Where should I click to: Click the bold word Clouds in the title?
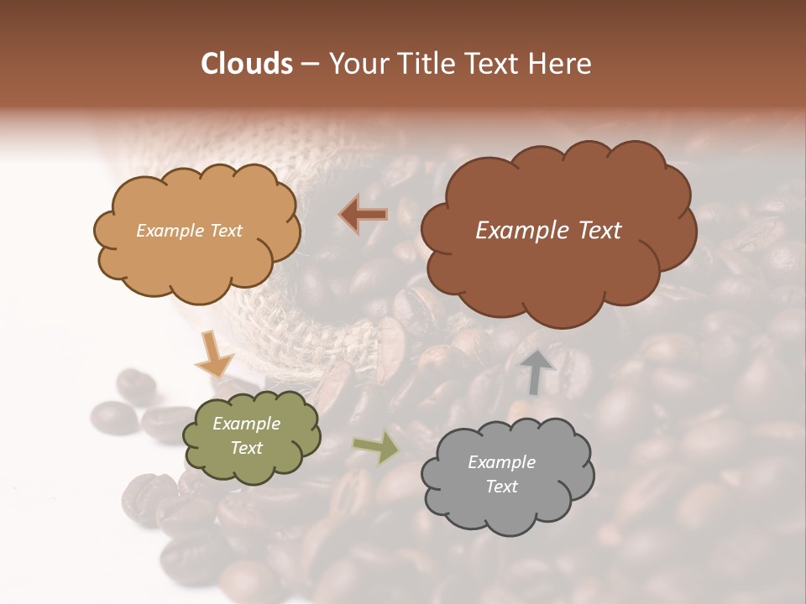tap(247, 64)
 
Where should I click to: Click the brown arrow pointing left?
tap(364, 215)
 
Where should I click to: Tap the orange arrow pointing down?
tap(214, 357)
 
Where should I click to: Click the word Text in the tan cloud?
tap(223, 231)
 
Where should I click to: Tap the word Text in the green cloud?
tap(247, 448)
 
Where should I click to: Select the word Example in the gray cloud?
tap(501, 462)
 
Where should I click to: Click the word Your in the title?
tap(354, 64)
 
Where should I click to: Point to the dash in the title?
tap(310, 64)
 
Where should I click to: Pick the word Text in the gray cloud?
tap(501, 487)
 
